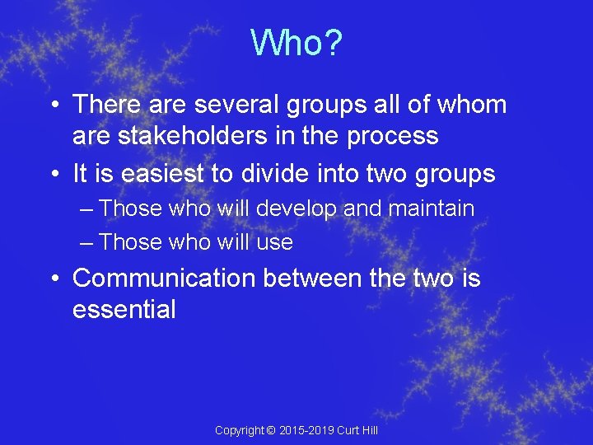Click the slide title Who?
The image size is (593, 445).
tap(296, 43)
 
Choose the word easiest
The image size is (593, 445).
tap(161, 174)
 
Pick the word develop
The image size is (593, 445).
tap(296, 208)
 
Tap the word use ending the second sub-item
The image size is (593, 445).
tap(274, 241)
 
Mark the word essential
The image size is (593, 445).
tap(124, 309)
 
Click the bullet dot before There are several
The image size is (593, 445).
tap(52, 106)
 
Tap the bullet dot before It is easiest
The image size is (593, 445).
tap(52, 176)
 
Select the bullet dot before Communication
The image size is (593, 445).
tap(52, 280)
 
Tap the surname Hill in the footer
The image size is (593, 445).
tap(368, 430)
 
